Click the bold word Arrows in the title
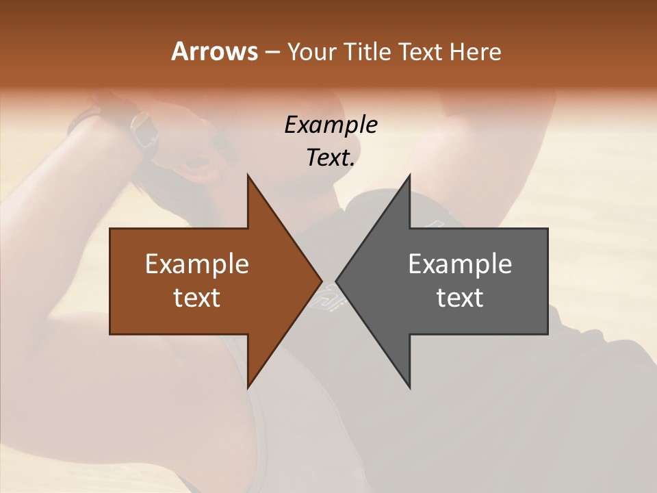click(214, 51)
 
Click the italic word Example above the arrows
click(331, 125)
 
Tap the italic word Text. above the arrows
click(331, 157)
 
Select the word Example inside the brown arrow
click(197, 264)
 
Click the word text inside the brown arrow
click(197, 298)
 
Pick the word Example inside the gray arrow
click(460, 264)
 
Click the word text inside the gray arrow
click(460, 298)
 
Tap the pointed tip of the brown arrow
click(321, 281)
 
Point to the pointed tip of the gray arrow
click(337, 281)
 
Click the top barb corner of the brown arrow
click(248, 175)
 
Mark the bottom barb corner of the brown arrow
click(248, 388)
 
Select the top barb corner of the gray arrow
click(409, 175)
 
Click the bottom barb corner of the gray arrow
click(409, 388)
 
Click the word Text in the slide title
click(421, 52)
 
